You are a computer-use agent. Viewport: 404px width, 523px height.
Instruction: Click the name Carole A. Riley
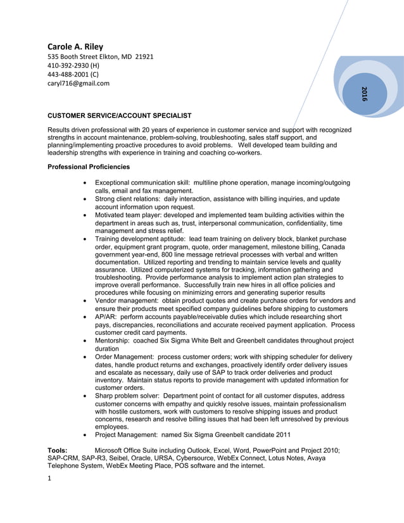pyautogui.click(x=75, y=46)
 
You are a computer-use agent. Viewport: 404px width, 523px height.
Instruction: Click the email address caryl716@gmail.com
pyautogui.click(x=79, y=83)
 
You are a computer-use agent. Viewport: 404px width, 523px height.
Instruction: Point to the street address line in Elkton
pyautogui.click(x=101, y=56)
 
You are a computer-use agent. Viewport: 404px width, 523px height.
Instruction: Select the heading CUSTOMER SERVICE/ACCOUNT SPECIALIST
pyautogui.click(x=120, y=116)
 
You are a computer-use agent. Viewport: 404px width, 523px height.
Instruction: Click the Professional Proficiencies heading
pyautogui.click(x=89, y=167)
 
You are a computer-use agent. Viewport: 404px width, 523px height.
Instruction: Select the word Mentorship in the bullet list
pyautogui.click(x=113, y=341)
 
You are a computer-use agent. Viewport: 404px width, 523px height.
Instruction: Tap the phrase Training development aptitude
pyautogui.click(x=139, y=239)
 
